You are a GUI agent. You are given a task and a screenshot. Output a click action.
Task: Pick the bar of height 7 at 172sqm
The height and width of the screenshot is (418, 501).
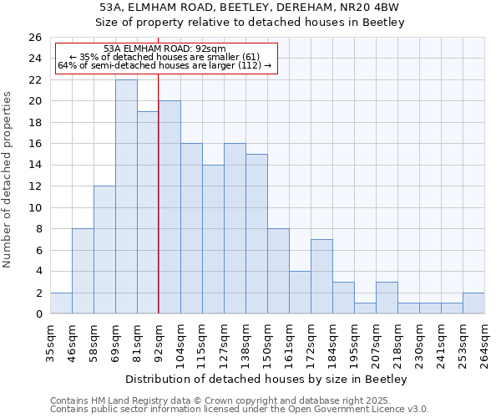[x=321, y=277]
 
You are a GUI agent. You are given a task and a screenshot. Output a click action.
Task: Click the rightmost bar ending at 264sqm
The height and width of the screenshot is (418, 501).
[x=473, y=304]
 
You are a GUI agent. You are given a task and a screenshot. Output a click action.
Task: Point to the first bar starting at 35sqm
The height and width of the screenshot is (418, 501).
[x=61, y=303]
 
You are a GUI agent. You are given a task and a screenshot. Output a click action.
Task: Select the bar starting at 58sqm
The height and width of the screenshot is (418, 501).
[x=104, y=250]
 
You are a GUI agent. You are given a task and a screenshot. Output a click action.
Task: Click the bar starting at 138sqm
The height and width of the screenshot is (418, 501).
[x=256, y=234]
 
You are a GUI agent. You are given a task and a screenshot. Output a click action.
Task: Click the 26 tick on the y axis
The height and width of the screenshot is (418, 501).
[x=34, y=38]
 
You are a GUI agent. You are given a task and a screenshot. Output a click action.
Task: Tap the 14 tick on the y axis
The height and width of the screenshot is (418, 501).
[x=34, y=166]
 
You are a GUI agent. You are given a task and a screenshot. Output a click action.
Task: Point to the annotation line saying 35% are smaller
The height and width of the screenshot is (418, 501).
[x=164, y=57]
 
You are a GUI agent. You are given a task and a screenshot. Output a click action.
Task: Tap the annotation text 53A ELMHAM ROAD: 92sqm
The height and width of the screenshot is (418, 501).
[x=164, y=48]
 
